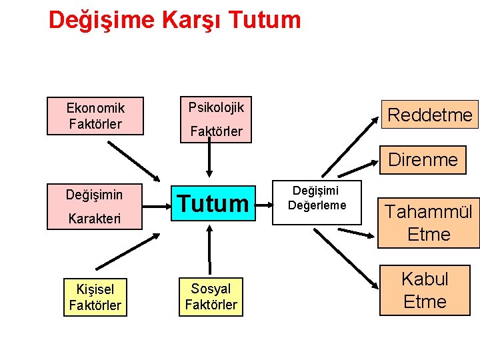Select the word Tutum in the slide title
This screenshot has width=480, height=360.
[x=265, y=20]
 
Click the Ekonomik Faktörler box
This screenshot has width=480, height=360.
[x=95, y=115]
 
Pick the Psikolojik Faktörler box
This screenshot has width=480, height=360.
[x=216, y=119]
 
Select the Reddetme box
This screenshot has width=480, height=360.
[x=429, y=115]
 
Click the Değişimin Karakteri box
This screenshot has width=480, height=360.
[x=95, y=206]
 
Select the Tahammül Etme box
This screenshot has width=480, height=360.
[x=429, y=223]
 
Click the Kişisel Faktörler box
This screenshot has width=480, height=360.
[x=95, y=297]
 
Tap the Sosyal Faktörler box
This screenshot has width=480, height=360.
[x=211, y=297]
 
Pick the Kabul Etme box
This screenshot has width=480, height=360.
[x=425, y=290]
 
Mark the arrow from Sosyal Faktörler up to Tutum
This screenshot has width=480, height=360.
[x=210, y=250]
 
